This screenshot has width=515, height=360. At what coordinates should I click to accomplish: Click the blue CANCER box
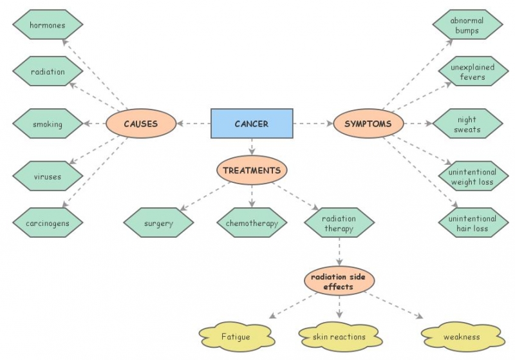[x=251, y=124]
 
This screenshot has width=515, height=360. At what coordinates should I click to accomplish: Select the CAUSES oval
[x=140, y=124]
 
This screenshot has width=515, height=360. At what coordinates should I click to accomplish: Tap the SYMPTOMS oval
[x=368, y=124]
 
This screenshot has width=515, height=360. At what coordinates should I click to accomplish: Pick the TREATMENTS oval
[x=251, y=171]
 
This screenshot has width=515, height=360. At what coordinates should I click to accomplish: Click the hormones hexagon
[x=48, y=25]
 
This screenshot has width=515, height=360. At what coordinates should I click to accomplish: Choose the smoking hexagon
[x=48, y=124]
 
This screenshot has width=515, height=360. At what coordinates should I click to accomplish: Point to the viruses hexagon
[x=48, y=175]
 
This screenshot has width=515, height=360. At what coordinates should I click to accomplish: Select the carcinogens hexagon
[x=48, y=223]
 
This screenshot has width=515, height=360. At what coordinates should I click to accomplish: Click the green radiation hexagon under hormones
[x=48, y=71]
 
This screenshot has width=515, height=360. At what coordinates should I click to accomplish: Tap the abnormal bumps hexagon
[x=468, y=25]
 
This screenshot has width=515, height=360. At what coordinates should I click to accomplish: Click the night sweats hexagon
[x=468, y=124]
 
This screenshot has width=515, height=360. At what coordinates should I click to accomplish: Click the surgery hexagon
[x=158, y=223]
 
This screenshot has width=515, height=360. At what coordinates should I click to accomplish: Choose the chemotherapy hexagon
[x=251, y=223]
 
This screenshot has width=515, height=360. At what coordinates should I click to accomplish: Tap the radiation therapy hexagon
[x=339, y=223]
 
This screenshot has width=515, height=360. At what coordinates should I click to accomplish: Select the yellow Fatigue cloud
[x=236, y=336]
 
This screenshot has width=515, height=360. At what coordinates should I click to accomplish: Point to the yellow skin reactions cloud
[x=339, y=336]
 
